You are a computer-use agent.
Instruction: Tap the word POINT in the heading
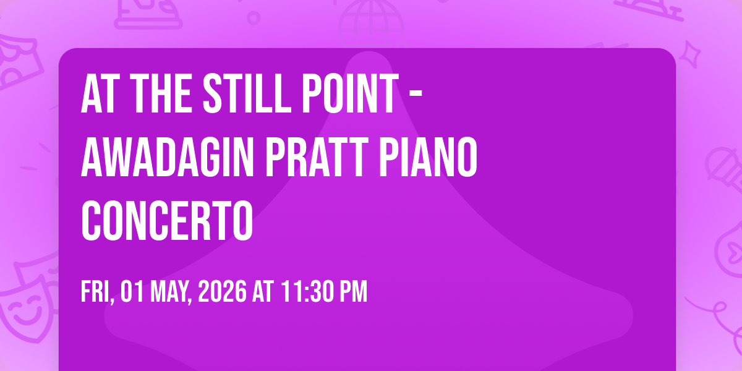pyautogui.click(x=351, y=94)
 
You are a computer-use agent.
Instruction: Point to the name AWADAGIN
pyautogui.click(x=168, y=157)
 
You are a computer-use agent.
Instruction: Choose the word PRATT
pyautogui.click(x=317, y=157)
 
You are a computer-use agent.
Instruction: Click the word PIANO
pyautogui.click(x=429, y=157)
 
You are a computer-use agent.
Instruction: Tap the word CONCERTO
pyautogui.click(x=167, y=221)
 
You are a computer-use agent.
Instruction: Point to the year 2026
pyautogui.click(x=222, y=291)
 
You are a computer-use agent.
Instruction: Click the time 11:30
pyautogui.click(x=307, y=291)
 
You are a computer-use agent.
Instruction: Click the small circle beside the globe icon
pyautogui.click(x=254, y=18)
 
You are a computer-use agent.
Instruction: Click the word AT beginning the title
pyautogui.click(x=100, y=94)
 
